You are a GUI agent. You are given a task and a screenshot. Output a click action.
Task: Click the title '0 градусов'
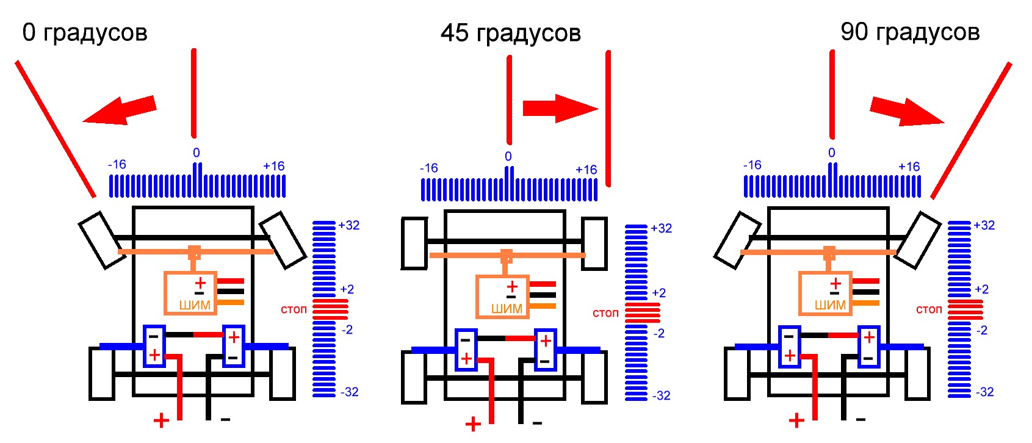click(x=85, y=33)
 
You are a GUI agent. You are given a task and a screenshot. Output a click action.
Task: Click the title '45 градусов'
click(x=510, y=34)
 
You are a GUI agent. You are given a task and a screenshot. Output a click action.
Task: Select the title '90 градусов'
click(x=910, y=33)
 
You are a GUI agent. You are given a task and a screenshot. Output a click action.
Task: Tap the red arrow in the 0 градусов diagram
click(x=120, y=110)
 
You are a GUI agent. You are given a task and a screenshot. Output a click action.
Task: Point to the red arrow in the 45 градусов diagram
click(x=561, y=109)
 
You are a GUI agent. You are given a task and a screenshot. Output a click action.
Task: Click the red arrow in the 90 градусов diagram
click(x=907, y=111)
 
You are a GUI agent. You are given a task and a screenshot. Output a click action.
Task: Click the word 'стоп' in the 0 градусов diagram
click(x=294, y=309)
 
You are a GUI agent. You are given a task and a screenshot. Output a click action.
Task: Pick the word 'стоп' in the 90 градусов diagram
click(x=928, y=309)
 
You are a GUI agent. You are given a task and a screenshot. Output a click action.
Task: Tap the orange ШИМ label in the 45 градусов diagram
click(x=507, y=309)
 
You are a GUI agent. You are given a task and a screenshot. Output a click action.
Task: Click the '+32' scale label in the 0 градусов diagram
click(x=348, y=225)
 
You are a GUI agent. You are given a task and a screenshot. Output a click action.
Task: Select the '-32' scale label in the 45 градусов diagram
click(x=661, y=395)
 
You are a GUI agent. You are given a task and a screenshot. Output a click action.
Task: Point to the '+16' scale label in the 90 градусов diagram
click(x=909, y=167)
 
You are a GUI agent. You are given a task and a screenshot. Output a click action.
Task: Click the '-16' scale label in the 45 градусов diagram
click(x=428, y=168)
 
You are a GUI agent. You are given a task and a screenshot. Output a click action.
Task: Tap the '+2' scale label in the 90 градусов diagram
click(x=982, y=290)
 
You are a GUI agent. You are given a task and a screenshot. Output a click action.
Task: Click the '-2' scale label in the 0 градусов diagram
click(x=347, y=330)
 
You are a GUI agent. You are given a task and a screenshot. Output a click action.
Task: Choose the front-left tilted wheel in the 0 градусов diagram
click(x=103, y=240)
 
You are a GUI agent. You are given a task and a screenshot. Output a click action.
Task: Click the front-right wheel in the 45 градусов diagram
click(x=594, y=243)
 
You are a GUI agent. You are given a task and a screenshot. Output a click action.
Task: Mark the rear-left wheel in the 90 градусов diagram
click(x=737, y=373)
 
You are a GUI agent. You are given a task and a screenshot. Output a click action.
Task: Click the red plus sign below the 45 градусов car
click(x=473, y=423)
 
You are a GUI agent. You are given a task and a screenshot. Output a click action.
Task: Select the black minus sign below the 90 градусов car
click(x=860, y=420)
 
